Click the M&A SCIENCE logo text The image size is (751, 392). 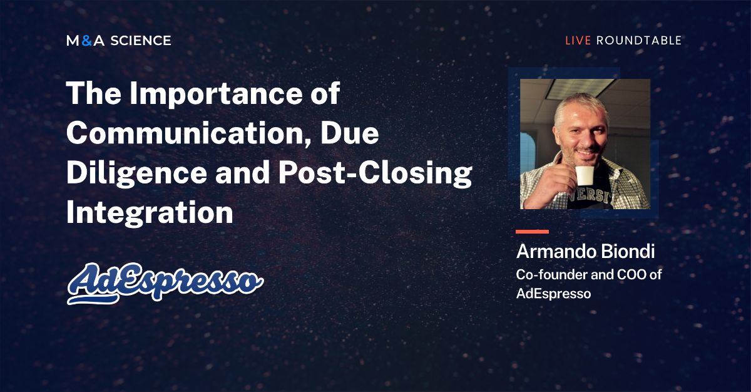click(x=118, y=41)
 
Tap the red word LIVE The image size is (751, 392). click(x=578, y=41)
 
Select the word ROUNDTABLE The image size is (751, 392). click(x=638, y=41)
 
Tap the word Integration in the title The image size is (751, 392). click(x=150, y=213)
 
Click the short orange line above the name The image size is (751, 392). click(x=532, y=232)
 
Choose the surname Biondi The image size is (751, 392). click(x=625, y=252)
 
